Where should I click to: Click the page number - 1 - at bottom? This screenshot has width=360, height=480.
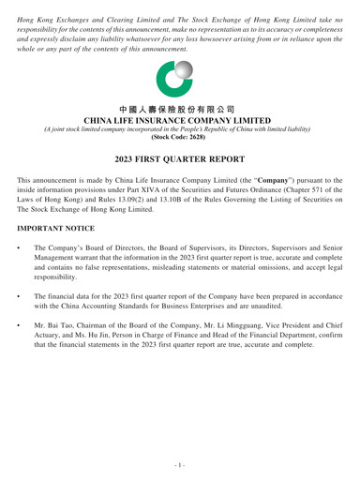[180, 460]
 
